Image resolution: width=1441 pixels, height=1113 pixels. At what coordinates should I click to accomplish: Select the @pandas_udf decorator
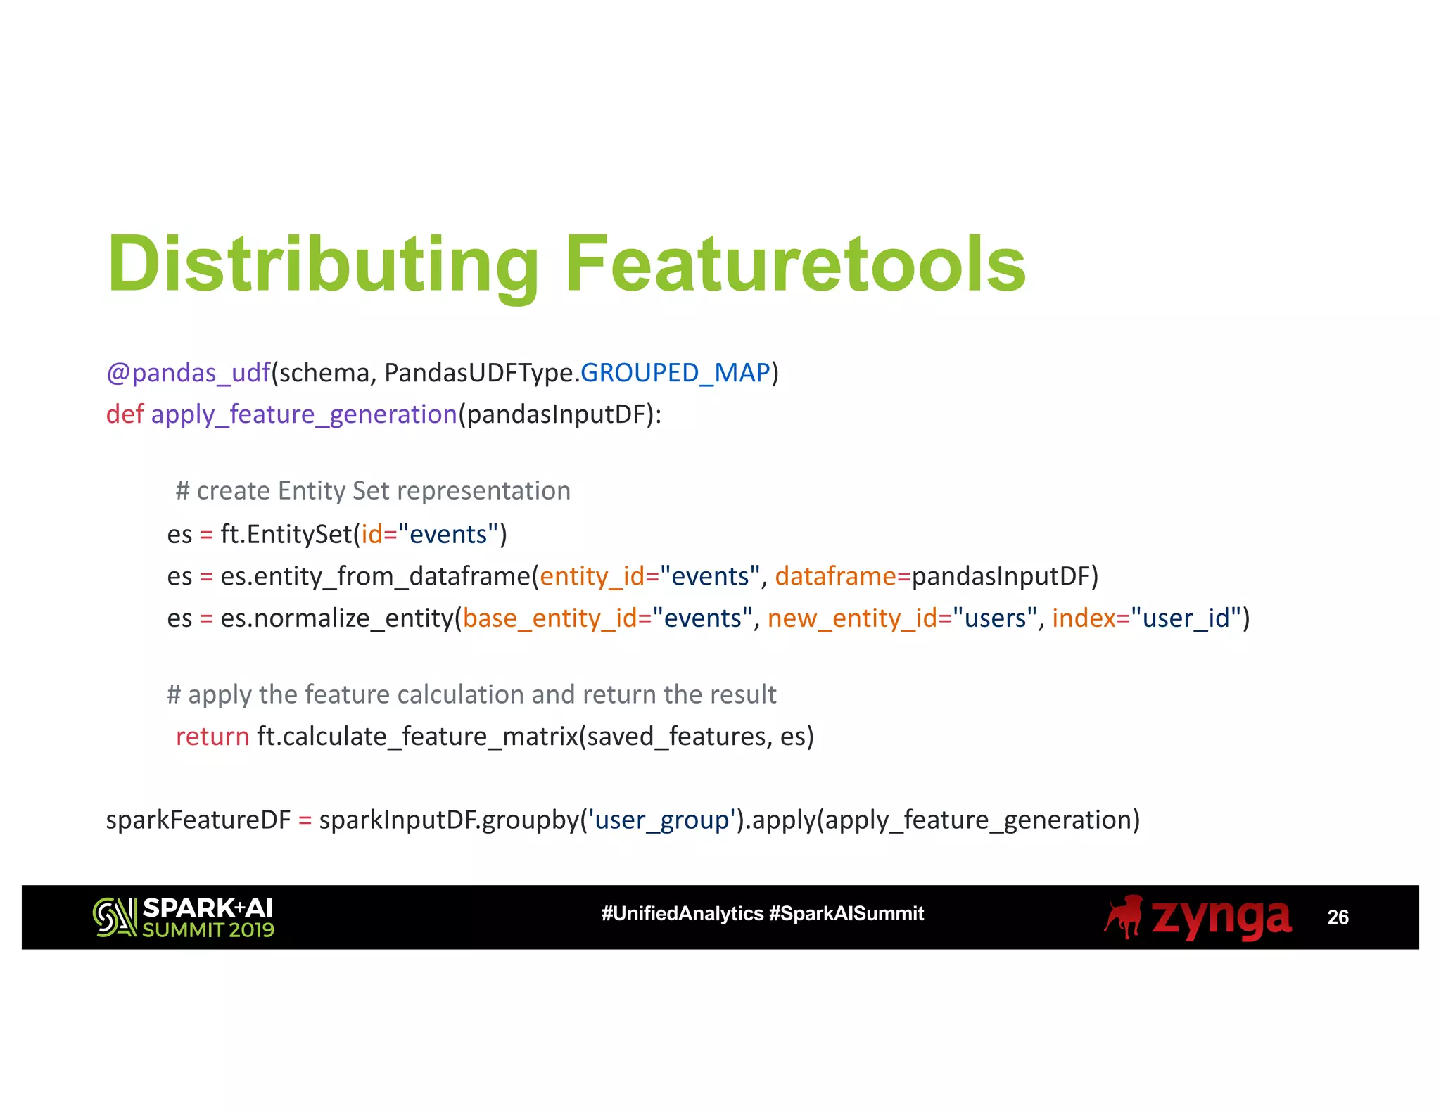[188, 372]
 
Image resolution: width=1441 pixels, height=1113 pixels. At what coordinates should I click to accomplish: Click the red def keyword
[125, 414]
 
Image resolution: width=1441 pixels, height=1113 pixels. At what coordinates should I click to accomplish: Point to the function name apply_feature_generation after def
[304, 414]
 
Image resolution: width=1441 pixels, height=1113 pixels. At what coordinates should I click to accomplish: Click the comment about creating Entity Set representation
[373, 490]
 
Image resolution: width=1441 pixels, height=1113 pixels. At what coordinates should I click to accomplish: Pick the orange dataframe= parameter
[842, 576]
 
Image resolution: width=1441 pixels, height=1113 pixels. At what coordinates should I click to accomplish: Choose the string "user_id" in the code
[1186, 618]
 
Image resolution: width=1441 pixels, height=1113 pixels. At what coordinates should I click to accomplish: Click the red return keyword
[212, 736]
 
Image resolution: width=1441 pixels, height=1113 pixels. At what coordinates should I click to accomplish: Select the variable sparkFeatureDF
[198, 820]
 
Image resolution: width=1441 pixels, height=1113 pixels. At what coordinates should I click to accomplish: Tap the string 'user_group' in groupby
[661, 820]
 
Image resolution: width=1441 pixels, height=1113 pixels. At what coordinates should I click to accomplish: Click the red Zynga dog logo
[1124, 917]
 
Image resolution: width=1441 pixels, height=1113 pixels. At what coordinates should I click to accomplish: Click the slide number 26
[1338, 917]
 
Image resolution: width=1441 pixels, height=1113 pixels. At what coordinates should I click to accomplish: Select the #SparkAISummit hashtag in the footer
[846, 913]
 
